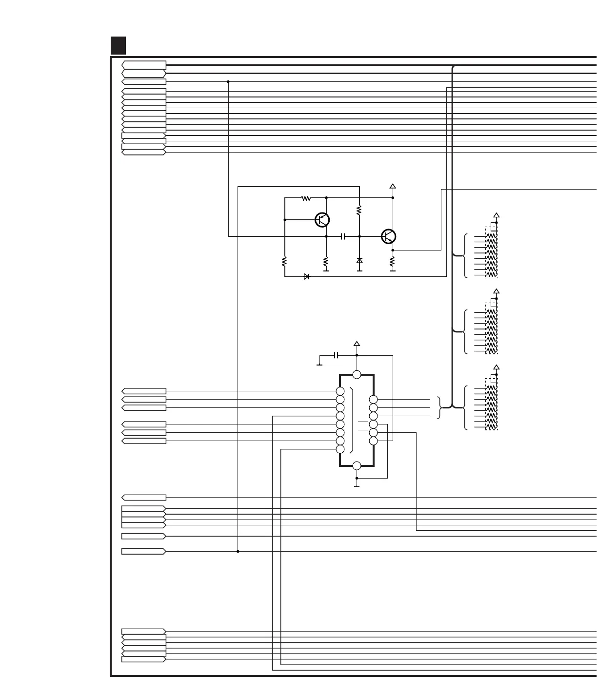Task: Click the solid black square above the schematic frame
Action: click(x=119, y=45)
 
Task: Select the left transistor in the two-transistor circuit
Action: click(x=322, y=220)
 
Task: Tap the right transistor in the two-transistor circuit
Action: click(x=388, y=236)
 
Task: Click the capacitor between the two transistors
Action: click(x=343, y=236)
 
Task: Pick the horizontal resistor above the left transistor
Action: click(x=306, y=198)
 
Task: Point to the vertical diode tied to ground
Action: click(x=359, y=261)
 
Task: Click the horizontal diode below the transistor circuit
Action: click(x=306, y=276)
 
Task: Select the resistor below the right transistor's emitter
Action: click(x=393, y=264)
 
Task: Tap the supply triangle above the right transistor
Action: click(x=393, y=186)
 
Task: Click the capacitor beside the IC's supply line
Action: click(x=336, y=355)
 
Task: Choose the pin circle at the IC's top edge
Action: click(x=357, y=374)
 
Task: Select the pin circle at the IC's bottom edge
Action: click(x=357, y=465)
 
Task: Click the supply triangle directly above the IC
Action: click(x=357, y=344)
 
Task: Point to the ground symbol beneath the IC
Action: click(x=357, y=485)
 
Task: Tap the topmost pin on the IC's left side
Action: click(x=340, y=391)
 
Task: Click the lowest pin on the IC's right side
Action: click(x=373, y=441)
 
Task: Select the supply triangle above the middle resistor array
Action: click(x=497, y=291)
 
